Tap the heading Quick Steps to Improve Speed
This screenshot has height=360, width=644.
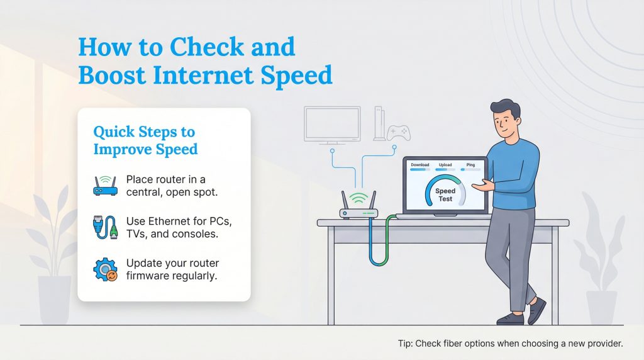point(145,140)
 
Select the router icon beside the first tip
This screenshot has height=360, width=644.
point(106,185)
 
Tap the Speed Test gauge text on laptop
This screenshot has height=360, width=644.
point(445,194)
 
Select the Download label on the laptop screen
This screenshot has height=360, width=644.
point(419,165)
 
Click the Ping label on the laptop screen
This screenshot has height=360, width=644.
point(470,165)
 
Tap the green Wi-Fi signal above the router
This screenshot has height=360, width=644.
point(358,198)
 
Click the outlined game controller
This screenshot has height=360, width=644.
point(398,133)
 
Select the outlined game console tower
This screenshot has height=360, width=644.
point(379,123)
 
